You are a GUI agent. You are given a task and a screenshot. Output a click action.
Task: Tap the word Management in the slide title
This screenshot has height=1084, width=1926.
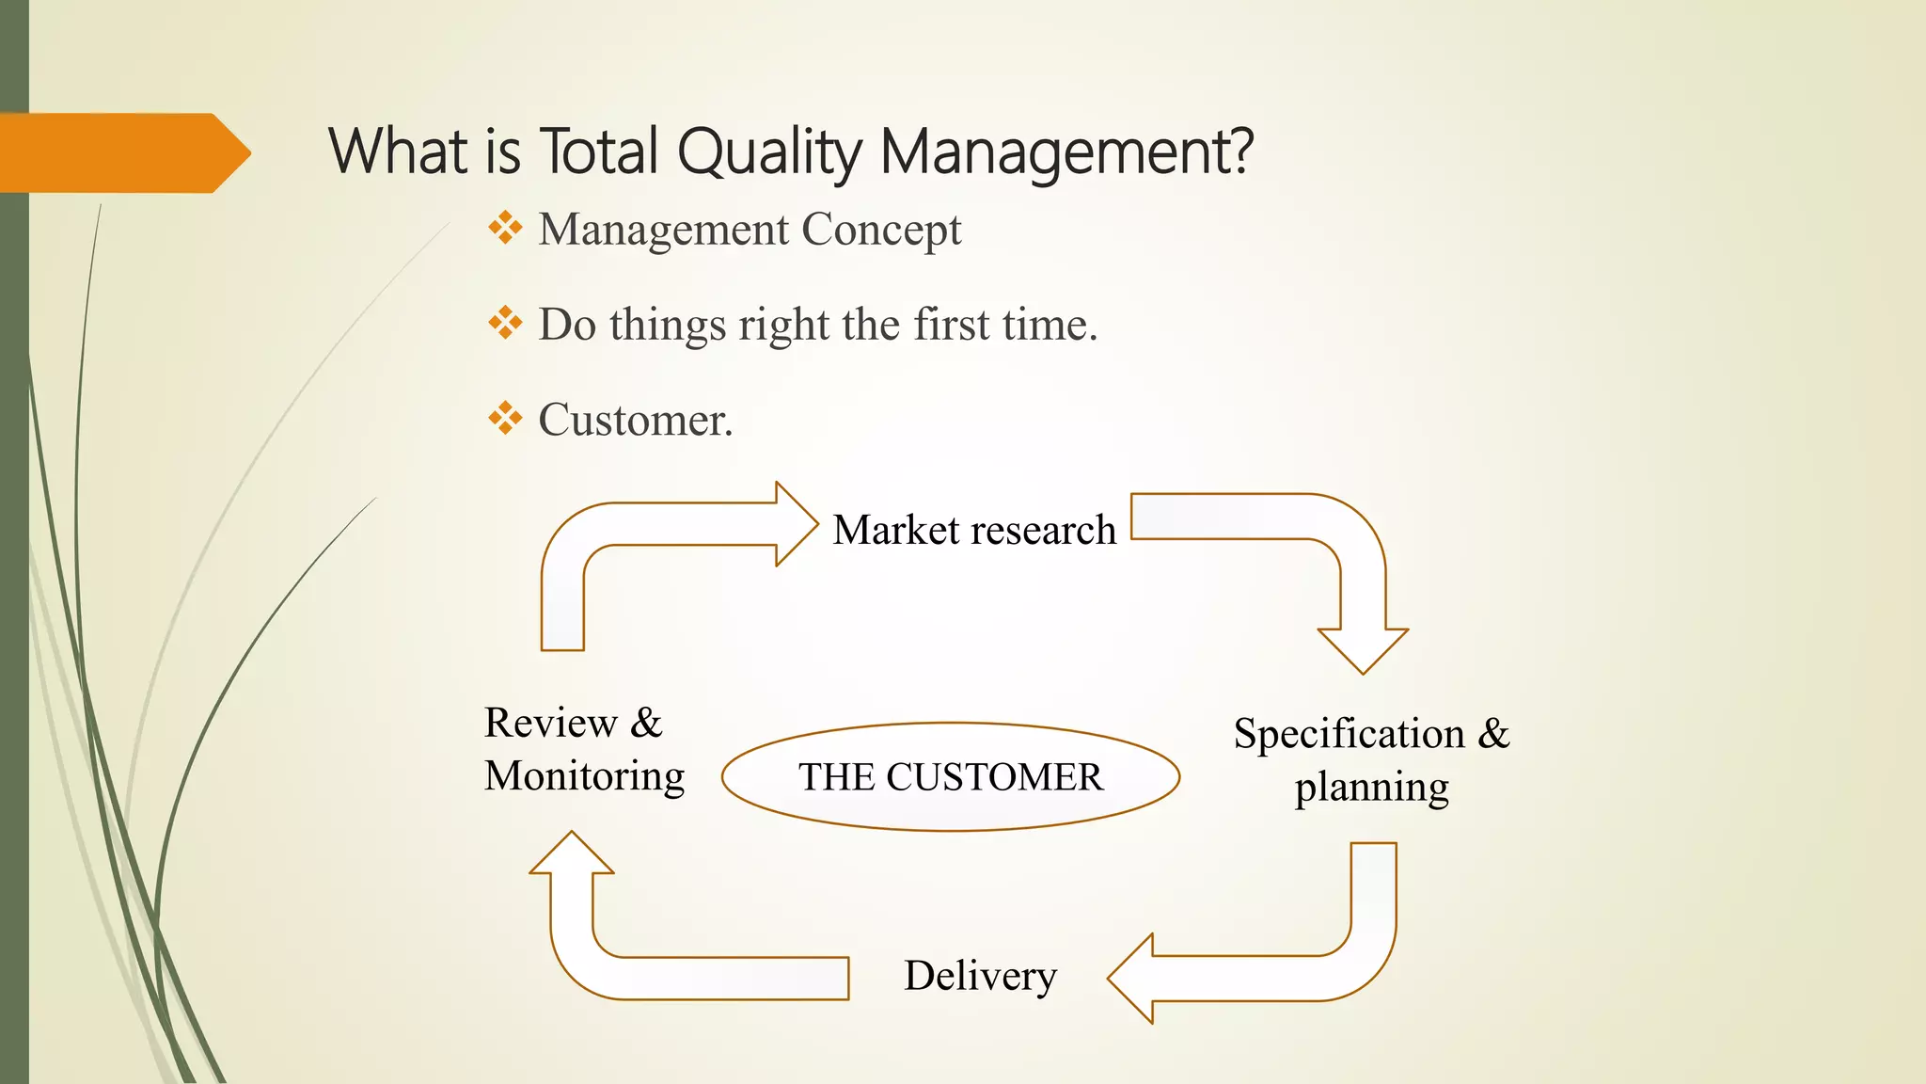(1066, 152)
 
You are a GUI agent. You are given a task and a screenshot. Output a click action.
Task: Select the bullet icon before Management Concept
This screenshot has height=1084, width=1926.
(505, 229)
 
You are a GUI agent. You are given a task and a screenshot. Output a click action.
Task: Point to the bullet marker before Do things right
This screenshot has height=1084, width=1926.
(505, 324)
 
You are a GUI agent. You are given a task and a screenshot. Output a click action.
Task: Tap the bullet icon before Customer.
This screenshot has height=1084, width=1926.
(505, 419)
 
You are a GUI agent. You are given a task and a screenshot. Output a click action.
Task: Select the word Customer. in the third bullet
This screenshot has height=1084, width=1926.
(635, 421)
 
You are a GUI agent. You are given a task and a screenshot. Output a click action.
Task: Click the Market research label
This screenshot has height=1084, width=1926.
(974, 530)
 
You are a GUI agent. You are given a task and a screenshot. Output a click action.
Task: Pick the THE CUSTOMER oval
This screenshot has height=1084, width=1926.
(950, 777)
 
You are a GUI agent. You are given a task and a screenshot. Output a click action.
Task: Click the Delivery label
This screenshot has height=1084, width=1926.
(980, 976)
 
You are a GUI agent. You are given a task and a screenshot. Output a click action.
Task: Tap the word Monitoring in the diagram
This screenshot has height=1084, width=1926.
(584, 776)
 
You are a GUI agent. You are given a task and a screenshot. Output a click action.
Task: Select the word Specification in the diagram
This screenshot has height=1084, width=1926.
(1349, 734)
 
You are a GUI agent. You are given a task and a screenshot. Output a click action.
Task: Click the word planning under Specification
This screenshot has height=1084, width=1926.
(1371, 788)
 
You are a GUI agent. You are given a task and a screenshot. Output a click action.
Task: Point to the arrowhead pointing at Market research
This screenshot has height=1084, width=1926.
(796, 524)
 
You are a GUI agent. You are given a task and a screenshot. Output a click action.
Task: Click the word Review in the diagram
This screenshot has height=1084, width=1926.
(550, 724)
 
